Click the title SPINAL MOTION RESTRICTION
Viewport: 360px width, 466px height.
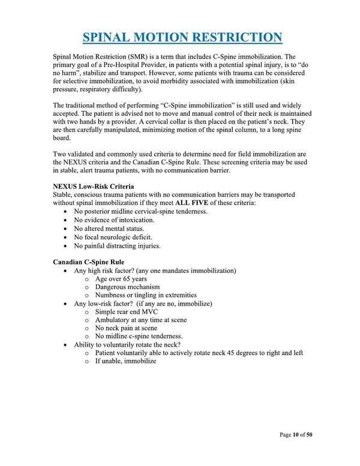pyautogui.click(x=182, y=37)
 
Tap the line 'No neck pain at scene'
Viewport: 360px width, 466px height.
pyautogui.click(x=128, y=328)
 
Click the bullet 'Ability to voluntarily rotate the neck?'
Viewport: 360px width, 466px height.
pyautogui.click(x=131, y=344)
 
